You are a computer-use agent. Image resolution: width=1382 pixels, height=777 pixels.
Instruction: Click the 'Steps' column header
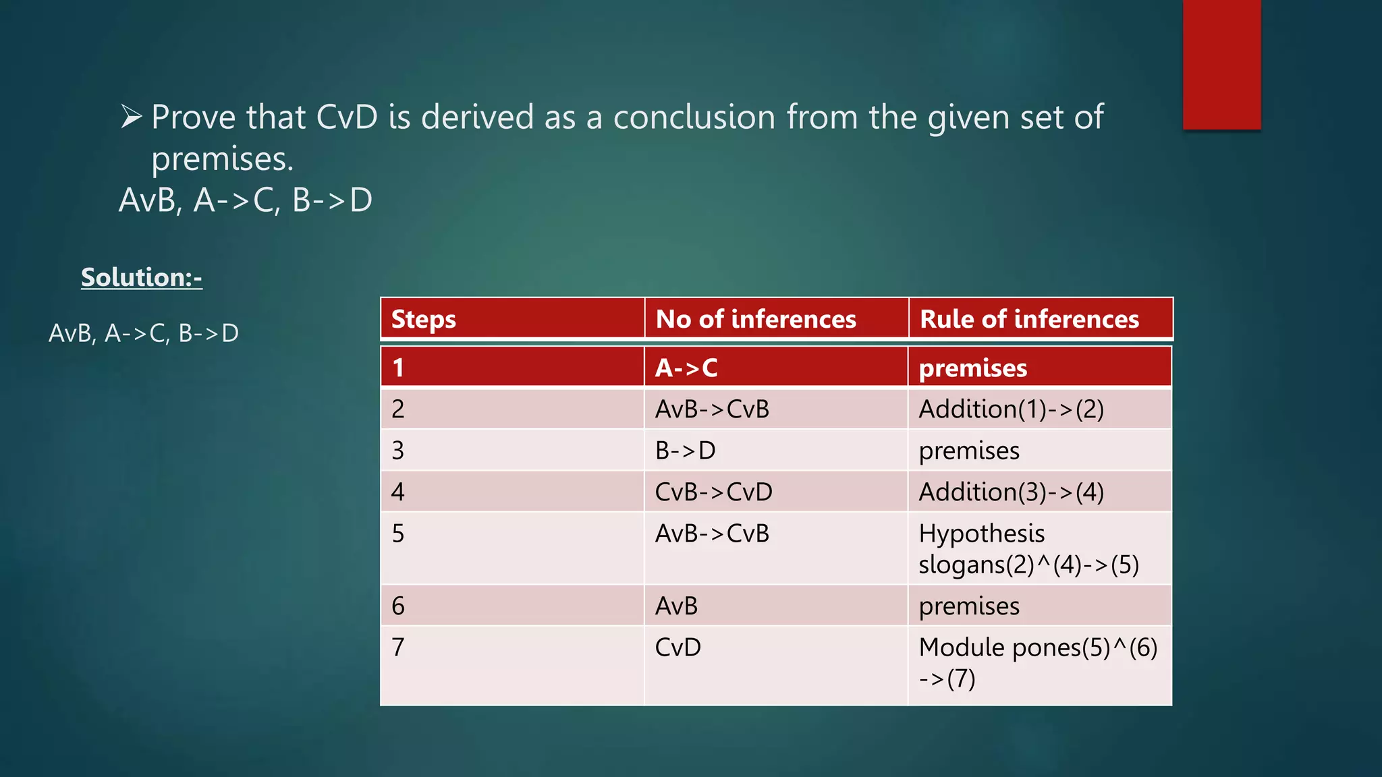click(424, 319)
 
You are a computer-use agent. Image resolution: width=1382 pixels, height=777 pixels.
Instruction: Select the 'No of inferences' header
click(756, 319)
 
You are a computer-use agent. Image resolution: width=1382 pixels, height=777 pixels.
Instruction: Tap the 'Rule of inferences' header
click(1029, 319)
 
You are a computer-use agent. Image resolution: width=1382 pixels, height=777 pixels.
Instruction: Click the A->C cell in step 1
click(686, 368)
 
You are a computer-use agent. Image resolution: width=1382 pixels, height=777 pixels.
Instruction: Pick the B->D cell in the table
click(685, 451)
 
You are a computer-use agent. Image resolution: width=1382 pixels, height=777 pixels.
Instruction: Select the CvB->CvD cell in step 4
click(713, 492)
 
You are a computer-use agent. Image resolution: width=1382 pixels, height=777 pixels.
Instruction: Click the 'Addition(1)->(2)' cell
click(1011, 409)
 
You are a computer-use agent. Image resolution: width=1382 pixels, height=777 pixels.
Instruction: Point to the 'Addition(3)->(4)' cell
click(1011, 492)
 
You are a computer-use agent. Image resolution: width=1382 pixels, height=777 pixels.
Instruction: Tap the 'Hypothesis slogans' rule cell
click(1028, 549)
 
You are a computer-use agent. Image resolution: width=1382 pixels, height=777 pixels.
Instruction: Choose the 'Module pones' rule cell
click(1037, 662)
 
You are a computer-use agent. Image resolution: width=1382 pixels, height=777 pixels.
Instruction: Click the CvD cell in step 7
click(678, 647)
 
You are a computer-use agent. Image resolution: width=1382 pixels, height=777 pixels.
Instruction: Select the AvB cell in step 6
click(676, 606)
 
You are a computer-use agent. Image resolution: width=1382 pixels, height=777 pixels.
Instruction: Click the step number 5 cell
click(398, 534)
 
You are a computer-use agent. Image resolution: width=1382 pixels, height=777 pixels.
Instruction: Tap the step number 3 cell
click(398, 451)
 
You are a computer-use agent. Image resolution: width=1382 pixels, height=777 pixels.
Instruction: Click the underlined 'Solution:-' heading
click(141, 277)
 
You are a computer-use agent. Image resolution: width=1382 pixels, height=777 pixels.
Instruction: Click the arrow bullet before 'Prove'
click(131, 117)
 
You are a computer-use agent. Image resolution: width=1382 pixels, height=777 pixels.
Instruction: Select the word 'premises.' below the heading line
click(223, 159)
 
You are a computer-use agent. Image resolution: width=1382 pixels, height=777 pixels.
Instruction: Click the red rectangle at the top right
click(1221, 64)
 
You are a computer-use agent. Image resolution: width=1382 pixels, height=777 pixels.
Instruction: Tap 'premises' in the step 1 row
click(972, 368)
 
